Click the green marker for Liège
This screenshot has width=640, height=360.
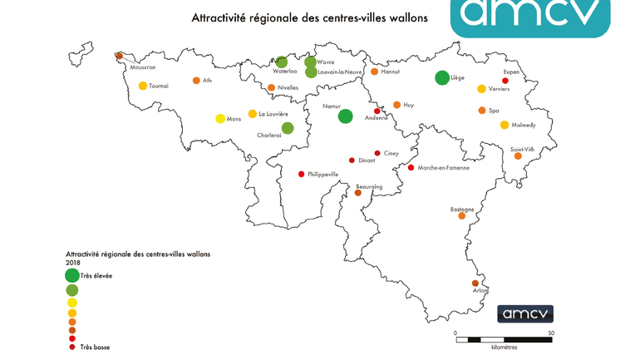[x=442, y=77]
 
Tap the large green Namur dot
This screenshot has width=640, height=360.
[x=346, y=116]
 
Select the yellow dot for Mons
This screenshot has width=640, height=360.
[x=220, y=119]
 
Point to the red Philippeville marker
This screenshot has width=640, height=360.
[x=301, y=175]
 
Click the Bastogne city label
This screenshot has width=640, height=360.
[x=461, y=210]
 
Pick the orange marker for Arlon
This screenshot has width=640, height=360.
[x=475, y=284]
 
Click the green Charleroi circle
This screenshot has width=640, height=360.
[x=288, y=128]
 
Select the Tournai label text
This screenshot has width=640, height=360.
[x=159, y=86]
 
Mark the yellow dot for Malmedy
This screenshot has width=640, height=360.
[x=505, y=125]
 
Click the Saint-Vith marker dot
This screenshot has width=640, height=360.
[x=518, y=155]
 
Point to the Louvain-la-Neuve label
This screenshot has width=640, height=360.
[x=340, y=72]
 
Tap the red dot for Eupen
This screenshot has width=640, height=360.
[x=505, y=81]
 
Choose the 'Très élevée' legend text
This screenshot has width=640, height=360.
[x=96, y=275]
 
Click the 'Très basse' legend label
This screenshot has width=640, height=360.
[x=95, y=347]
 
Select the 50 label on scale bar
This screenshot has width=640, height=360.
[x=551, y=333]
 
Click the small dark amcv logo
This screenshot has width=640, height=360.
[x=525, y=314]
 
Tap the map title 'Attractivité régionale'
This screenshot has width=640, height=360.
[x=309, y=17]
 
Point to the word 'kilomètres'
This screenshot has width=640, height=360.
[x=504, y=347]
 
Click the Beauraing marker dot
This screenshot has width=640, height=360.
[x=358, y=193]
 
